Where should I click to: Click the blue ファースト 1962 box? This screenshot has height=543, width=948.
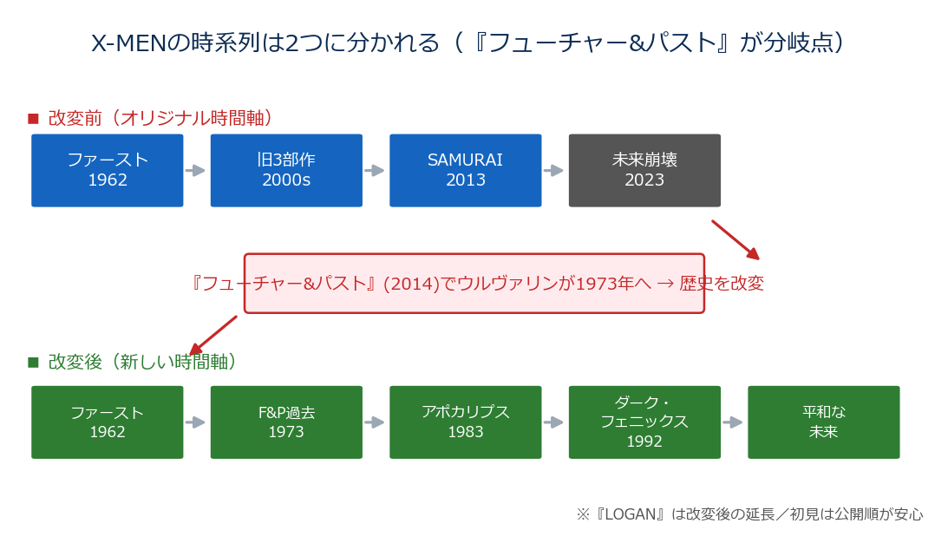107,171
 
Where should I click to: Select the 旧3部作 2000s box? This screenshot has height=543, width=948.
286,171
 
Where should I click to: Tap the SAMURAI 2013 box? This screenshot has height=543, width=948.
466,171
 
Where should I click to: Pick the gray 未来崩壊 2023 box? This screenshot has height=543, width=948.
644,171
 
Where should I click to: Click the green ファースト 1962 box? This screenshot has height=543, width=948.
107,422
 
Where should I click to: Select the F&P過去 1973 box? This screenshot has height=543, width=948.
286,422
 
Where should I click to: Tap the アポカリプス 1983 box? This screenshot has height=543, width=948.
466,422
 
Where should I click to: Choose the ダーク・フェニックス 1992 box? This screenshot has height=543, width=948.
644,422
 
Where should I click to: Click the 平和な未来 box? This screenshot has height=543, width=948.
823,422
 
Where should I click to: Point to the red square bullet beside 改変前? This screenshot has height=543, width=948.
33,119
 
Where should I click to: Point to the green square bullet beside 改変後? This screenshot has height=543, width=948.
33,363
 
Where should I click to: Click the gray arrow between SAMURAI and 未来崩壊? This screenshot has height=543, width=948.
553,171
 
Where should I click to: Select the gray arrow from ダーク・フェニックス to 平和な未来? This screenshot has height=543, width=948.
732,422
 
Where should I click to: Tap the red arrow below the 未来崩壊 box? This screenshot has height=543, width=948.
736,240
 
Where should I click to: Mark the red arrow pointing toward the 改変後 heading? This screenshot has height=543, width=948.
213,335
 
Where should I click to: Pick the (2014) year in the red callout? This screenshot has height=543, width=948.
411,284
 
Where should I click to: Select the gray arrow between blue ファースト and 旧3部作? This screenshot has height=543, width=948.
194,171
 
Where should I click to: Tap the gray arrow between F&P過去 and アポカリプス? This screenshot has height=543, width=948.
374,422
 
